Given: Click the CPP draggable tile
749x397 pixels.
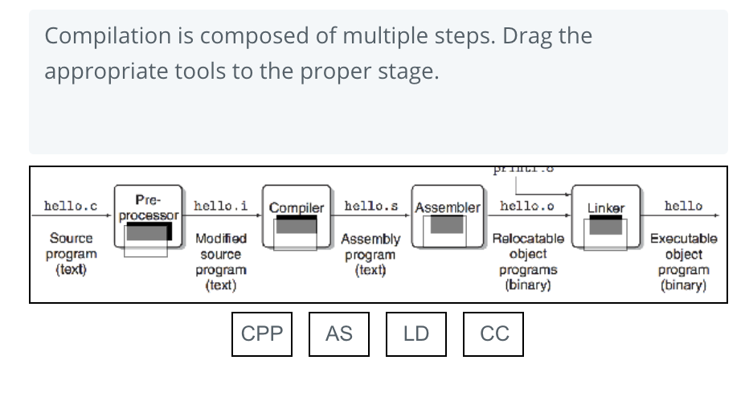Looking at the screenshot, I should [262, 334].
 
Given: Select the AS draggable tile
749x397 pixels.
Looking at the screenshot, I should [339, 334].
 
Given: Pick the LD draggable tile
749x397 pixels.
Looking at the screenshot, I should [416, 334].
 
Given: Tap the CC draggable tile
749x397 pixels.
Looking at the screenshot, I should [493, 334].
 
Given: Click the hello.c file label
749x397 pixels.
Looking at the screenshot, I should [71, 207].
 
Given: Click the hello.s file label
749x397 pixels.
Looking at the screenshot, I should [370, 207].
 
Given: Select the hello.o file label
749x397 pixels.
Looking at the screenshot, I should [526, 207].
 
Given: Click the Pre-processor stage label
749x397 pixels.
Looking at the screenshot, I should [148, 207].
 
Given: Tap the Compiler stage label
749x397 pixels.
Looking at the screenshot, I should [297, 208].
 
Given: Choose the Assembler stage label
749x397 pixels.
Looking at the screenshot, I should [447, 208].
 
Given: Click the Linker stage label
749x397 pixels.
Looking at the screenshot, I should [606, 208].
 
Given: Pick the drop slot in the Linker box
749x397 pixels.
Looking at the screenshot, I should [606, 228].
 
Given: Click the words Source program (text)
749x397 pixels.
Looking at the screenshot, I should [71, 254].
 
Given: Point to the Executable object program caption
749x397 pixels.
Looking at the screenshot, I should [683, 262].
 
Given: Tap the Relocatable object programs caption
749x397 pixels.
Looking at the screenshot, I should [527, 262].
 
